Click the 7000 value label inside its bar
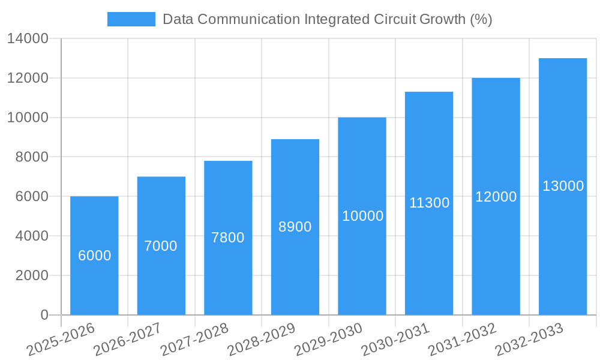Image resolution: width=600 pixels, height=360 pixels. pyautogui.click(x=161, y=246)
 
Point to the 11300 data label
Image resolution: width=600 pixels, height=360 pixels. pyautogui.click(x=429, y=203)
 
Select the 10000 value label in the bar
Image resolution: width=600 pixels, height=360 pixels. pyautogui.click(x=362, y=216)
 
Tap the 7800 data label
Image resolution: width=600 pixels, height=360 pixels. pyautogui.click(x=228, y=238)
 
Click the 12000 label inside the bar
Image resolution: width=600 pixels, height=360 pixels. pyautogui.click(x=496, y=197)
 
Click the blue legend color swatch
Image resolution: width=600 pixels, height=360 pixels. pyautogui.click(x=131, y=19)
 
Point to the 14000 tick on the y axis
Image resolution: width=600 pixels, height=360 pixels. pyautogui.click(x=28, y=39)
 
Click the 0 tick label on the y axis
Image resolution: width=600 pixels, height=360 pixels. pyautogui.click(x=44, y=315)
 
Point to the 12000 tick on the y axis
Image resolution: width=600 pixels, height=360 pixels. pyautogui.click(x=28, y=78)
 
